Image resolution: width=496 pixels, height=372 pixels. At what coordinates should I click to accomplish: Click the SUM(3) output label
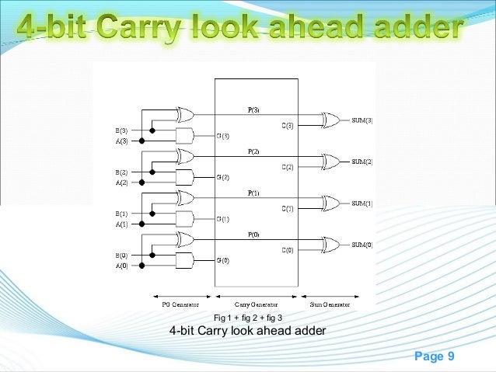click(x=362, y=120)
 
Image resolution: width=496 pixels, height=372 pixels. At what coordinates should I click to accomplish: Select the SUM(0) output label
click(x=362, y=245)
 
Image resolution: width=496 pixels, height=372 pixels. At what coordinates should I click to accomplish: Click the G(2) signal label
click(x=223, y=177)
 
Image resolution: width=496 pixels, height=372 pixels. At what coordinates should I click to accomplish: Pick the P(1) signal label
click(x=254, y=191)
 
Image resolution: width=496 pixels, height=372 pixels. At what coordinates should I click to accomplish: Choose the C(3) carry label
click(x=287, y=125)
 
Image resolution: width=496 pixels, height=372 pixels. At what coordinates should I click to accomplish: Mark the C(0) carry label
click(x=287, y=250)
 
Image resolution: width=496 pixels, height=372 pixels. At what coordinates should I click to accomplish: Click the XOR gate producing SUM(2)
click(x=330, y=162)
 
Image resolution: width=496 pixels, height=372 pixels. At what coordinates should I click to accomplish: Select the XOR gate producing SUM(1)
click(x=330, y=203)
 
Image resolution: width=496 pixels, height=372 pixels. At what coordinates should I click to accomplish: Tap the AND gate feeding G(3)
click(x=185, y=136)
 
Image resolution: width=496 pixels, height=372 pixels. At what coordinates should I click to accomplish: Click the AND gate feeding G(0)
click(x=185, y=261)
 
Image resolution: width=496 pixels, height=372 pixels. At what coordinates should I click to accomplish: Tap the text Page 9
click(x=435, y=356)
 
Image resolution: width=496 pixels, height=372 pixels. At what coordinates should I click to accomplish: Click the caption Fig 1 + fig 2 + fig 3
click(x=247, y=318)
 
